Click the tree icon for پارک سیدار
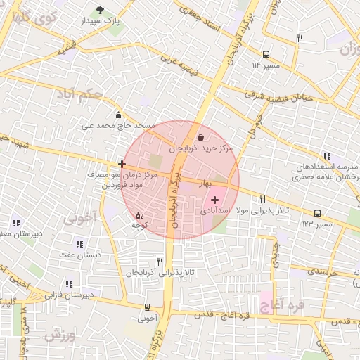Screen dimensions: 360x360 [x=100, y=11]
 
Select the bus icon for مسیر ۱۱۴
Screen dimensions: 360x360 [x=266, y=54]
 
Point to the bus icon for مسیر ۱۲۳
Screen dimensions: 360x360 [x=317, y=212]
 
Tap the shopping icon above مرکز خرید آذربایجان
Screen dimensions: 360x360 [x=202, y=137]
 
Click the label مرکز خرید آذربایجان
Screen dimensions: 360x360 [x=200, y=149]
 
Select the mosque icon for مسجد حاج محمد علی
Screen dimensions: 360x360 [x=117, y=115]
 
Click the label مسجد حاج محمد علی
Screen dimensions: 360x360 [x=117, y=126]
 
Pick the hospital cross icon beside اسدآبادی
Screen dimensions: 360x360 [x=214, y=200]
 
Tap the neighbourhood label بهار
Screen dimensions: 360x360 [x=205, y=183]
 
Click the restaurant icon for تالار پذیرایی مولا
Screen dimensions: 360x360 [x=263, y=199]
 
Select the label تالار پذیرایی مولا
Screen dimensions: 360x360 [x=263, y=210]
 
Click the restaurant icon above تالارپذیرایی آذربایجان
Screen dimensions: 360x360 [x=169, y=261]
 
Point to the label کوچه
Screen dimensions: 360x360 [x=140, y=225]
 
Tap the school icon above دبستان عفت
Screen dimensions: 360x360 [x=79, y=244]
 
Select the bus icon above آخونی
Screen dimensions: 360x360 [x=147, y=307]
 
